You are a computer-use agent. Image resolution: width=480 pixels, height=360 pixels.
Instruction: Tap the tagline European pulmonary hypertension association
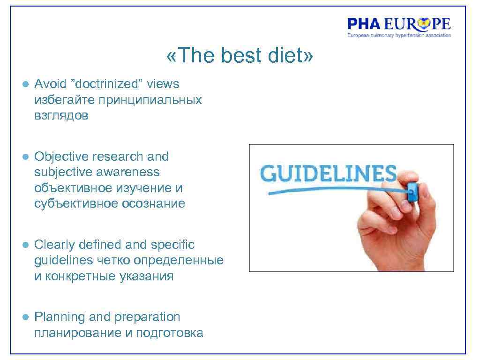[x=399, y=35]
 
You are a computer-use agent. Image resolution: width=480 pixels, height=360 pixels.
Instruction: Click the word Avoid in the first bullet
[x=48, y=84]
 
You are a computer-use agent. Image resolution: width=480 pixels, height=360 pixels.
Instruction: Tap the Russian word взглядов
[x=61, y=116]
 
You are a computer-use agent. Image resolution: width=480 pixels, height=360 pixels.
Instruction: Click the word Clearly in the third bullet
[x=55, y=245]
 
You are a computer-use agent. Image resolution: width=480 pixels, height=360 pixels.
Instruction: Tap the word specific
[x=172, y=245]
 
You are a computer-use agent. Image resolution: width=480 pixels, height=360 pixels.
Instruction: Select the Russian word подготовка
[x=170, y=333]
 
